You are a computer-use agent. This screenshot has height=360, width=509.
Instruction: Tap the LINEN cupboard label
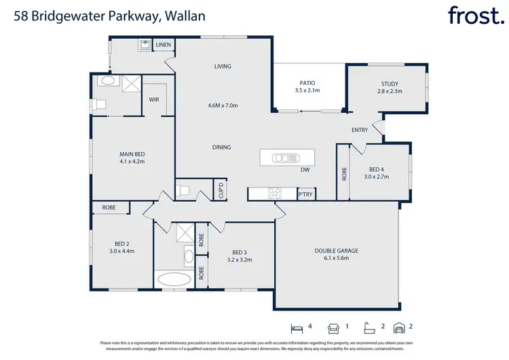tap(164, 46)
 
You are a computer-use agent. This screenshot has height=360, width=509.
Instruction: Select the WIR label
tap(155, 100)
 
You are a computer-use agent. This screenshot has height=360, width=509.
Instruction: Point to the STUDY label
tap(390, 83)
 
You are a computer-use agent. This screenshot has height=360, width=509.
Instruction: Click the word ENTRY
tap(360, 130)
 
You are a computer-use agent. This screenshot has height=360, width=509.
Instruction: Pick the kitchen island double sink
tap(281, 158)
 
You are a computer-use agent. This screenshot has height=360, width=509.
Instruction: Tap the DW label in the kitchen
tap(305, 170)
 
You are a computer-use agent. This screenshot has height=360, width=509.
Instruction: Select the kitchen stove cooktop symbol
tap(275, 194)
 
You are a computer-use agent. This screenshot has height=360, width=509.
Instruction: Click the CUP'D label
tap(221, 191)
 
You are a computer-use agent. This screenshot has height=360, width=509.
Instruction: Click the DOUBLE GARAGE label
tap(336, 251)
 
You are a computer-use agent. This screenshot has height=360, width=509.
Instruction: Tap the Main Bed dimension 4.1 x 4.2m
tap(132, 162)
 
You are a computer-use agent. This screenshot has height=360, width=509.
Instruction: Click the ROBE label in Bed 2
tap(109, 208)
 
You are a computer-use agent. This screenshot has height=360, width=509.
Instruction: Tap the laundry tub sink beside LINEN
tap(145, 46)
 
